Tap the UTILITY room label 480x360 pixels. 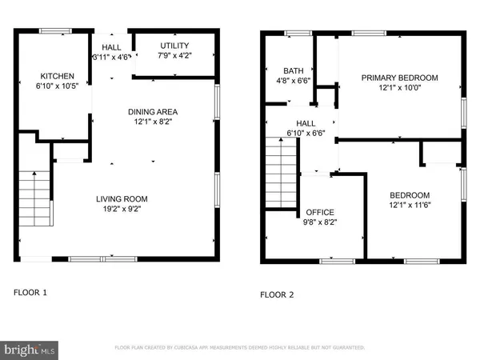[x=174, y=45]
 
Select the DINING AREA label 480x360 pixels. [x=152, y=111]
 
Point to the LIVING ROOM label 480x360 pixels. [x=122, y=199]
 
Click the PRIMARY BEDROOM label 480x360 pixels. [x=399, y=78]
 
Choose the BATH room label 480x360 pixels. [x=282, y=70]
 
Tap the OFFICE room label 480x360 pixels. [x=321, y=212]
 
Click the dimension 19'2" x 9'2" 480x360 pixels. [x=122, y=209]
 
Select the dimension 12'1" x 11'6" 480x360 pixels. [x=410, y=206]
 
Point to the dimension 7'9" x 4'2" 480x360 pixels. [x=174, y=54]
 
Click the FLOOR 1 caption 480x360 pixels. [x=30, y=293]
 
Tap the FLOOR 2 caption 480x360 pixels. [x=277, y=294]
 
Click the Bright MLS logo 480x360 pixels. [x=30, y=349]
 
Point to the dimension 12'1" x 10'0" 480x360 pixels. [x=399, y=87]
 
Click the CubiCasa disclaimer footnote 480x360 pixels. [x=240, y=348]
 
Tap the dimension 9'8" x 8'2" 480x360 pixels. [x=321, y=222]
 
